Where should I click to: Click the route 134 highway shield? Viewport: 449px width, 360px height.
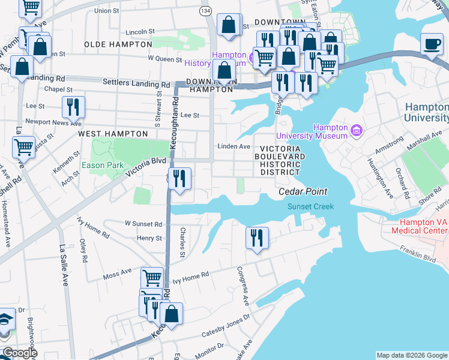(206, 11)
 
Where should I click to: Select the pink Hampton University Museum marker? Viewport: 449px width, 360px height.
(356, 130)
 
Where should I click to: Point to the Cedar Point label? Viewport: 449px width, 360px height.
(303, 191)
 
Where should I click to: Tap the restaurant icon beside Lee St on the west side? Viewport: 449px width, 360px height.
(73, 108)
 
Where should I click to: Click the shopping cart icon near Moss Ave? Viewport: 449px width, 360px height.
(152, 278)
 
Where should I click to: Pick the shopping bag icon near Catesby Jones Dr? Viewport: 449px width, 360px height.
(171, 313)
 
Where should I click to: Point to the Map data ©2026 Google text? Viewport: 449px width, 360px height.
(412, 355)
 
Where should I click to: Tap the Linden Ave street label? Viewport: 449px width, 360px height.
(234, 146)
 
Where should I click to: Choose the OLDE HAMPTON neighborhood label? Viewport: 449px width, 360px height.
(118, 44)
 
